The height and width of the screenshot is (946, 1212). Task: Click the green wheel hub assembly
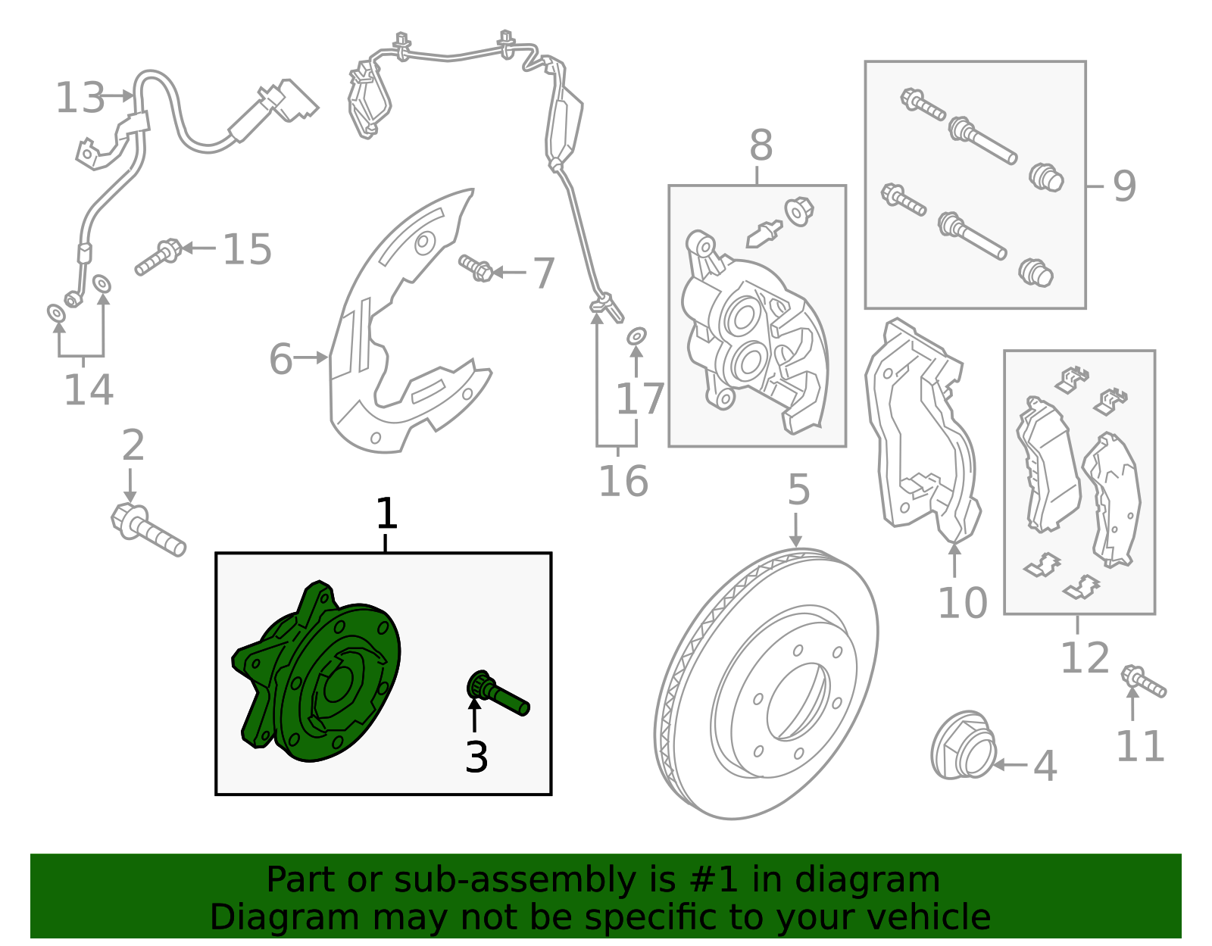[x=318, y=674]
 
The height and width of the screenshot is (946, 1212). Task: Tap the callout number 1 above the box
[x=386, y=514]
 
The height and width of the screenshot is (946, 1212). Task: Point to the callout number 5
[x=798, y=490]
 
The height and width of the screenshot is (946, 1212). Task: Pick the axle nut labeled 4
[x=962, y=746]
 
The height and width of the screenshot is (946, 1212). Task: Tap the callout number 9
[x=1124, y=186]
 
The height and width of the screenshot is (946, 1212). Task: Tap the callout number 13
[x=80, y=98]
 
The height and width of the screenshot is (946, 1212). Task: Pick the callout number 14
[x=88, y=390]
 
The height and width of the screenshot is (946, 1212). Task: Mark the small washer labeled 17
[x=637, y=335]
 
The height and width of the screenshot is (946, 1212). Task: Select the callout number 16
[x=623, y=481]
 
